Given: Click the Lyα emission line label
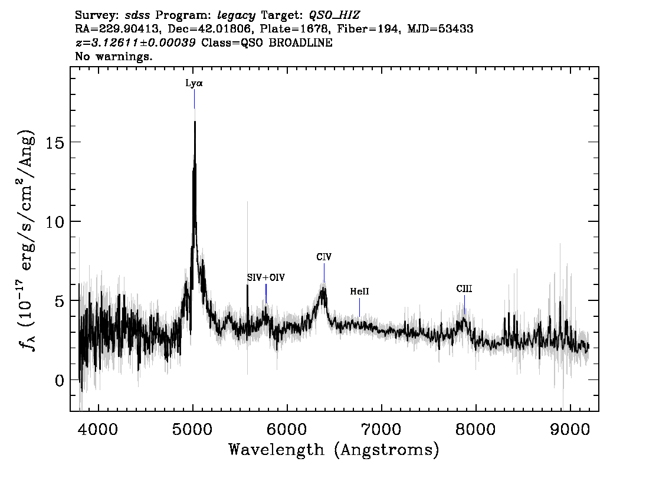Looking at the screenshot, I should pyautogui.click(x=194, y=84).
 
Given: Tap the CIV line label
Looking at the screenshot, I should pyautogui.click(x=323, y=257).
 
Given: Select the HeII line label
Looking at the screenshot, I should pyautogui.click(x=359, y=292).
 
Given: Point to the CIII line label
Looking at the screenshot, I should pyautogui.click(x=464, y=289).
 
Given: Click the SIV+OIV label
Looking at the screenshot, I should pyautogui.click(x=265, y=277).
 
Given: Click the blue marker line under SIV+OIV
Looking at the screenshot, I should pyautogui.click(x=266, y=293).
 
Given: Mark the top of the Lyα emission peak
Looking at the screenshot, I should pyautogui.click(x=195, y=122).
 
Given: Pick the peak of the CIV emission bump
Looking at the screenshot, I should pyautogui.click(x=323, y=290).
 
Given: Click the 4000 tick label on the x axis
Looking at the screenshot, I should pyautogui.click(x=98, y=428).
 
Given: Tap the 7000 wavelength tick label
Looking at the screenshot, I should pyautogui.click(x=381, y=428).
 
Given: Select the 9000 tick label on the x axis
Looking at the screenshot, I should pyautogui.click(x=570, y=428).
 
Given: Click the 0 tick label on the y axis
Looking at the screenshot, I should pyautogui.click(x=58, y=380).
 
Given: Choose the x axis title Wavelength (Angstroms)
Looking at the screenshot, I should pyautogui.click(x=334, y=450).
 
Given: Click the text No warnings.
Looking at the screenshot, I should pyautogui.click(x=114, y=57).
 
